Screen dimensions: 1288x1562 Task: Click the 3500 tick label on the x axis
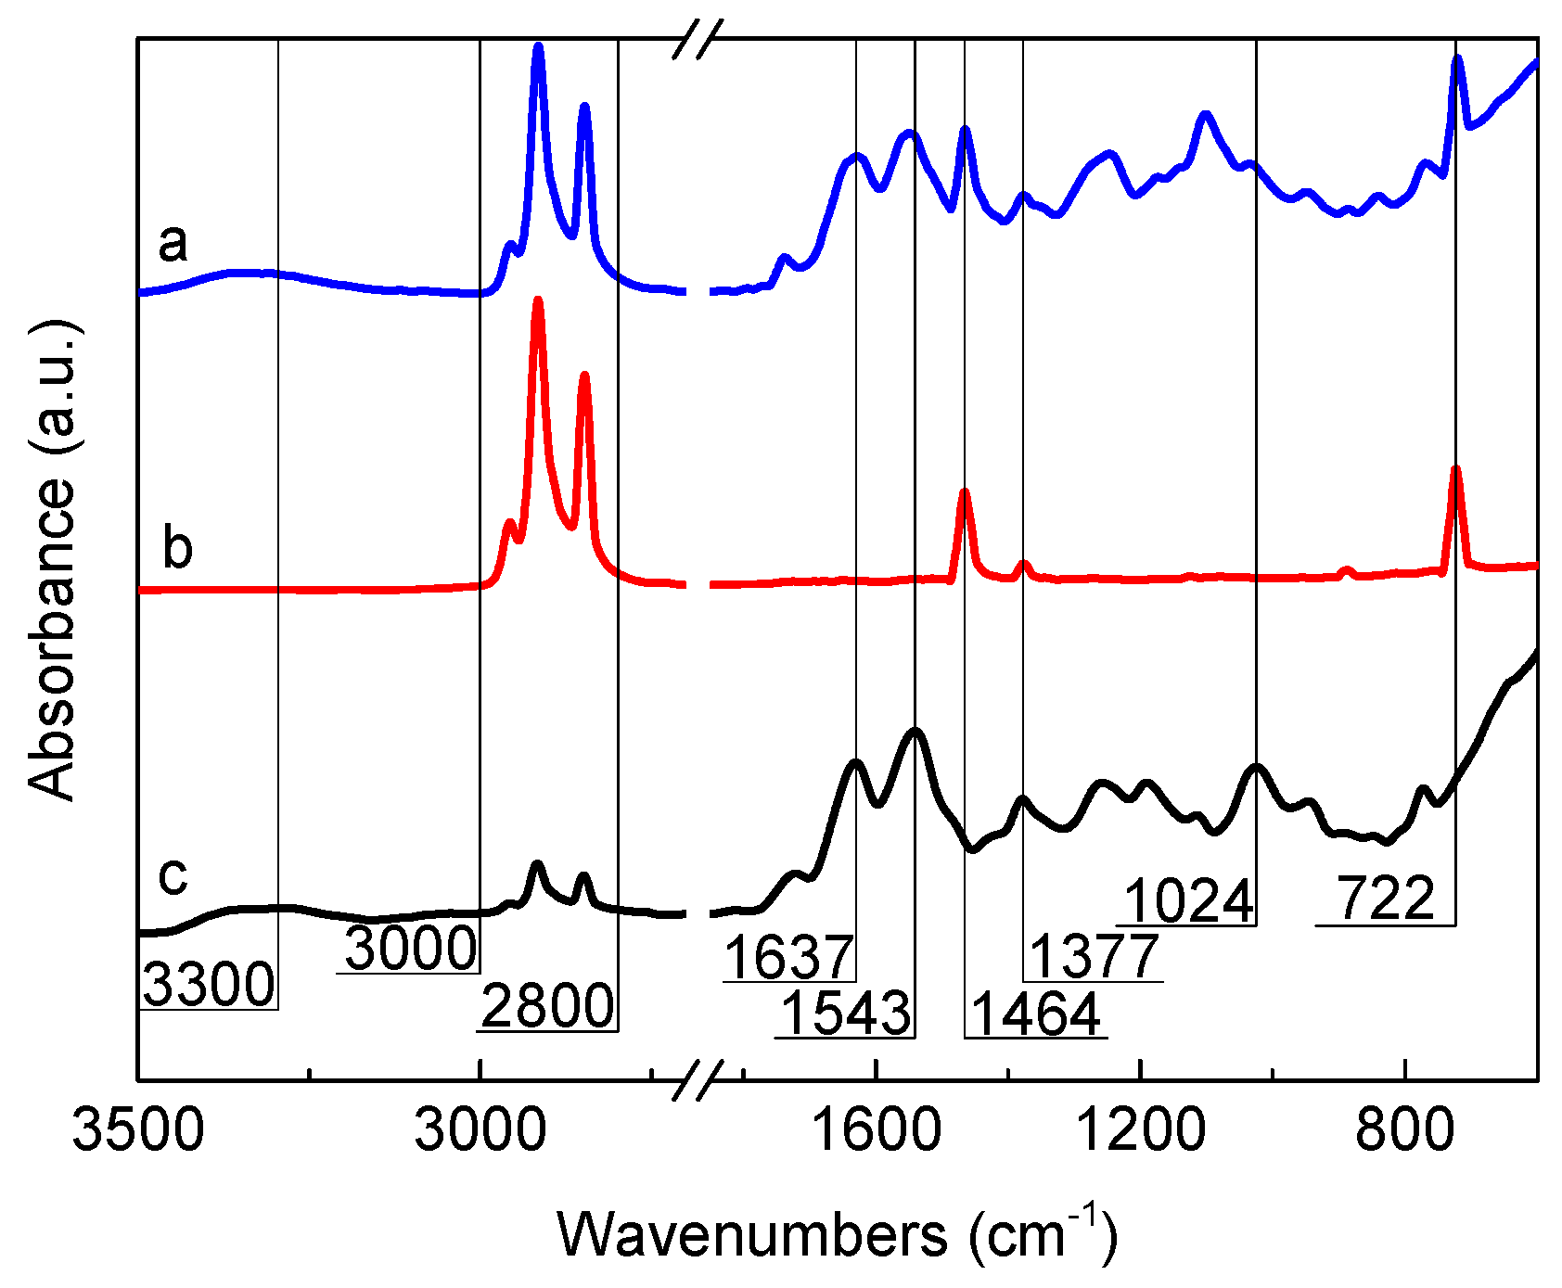coord(138,1130)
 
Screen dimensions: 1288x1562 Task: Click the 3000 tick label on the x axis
coord(480,1130)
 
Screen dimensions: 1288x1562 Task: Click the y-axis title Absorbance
coord(52,560)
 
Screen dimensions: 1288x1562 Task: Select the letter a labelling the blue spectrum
coord(173,244)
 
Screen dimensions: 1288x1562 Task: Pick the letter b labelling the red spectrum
coord(177,547)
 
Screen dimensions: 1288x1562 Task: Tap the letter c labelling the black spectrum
coord(173,874)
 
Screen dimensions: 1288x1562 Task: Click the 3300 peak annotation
coord(210,984)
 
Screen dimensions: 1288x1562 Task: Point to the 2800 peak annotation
coord(547,1006)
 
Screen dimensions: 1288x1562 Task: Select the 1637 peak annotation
coord(788,957)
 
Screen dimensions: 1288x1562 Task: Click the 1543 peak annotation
coord(846,1013)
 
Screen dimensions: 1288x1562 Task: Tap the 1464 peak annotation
coord(1036,1014)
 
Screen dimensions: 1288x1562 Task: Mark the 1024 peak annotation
coord(1189,900)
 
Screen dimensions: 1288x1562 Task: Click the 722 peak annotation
coord(1386,899)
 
